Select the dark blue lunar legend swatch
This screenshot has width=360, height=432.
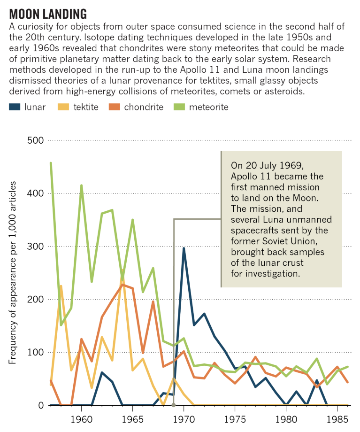(15, 107)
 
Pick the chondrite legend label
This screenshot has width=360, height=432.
(144, 107)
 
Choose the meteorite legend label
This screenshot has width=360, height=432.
(208, 107)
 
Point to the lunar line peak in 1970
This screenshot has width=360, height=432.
(184, 248)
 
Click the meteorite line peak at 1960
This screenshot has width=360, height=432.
(82, 185)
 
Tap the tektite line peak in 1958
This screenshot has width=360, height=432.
(61, 286)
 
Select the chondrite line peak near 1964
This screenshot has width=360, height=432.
(123, 285)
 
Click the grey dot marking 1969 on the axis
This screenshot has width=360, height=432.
(174, 405)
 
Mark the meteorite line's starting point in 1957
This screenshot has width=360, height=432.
(51, 163)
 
